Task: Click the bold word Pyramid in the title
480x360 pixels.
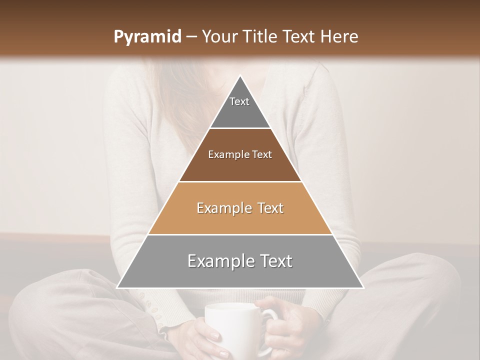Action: click(x=147, y=37)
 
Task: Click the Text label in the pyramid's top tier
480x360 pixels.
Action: click(x=239, y=101)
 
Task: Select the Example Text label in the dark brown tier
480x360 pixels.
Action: click(x=240, y=154)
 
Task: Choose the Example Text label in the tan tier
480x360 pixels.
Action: click(x=240, y=208)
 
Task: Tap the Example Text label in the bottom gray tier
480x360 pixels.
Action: click(x=240, y=261)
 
